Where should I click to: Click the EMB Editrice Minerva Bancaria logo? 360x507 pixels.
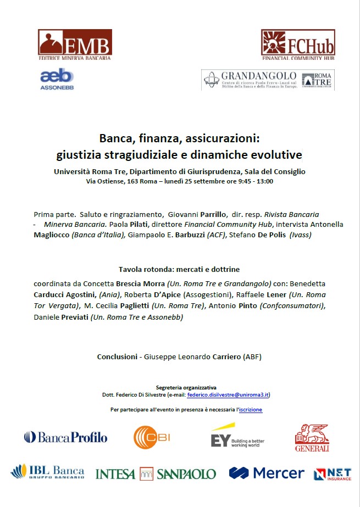[x=75, y=45]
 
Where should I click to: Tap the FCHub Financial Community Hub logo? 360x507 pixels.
[x=298, y=45]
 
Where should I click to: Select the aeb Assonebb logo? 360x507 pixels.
[x=57, y=79]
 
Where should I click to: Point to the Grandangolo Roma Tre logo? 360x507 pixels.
[x=268, y=80]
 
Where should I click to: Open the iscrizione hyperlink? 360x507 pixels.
[x=251, y=410]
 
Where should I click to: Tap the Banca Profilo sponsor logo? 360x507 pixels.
[x=65, y=437]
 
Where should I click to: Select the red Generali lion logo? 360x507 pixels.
[x=312, y=438]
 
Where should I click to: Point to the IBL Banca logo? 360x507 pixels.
[x=48, y=472]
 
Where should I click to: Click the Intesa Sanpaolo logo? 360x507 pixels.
[x=156, y=473]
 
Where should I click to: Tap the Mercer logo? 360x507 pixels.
[x=267, y=473]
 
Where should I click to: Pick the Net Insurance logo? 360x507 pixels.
[x=333, y=473]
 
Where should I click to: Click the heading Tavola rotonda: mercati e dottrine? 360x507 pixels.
[x=179, y=270]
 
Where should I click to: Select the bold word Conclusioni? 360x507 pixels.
[x=117, y=356]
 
